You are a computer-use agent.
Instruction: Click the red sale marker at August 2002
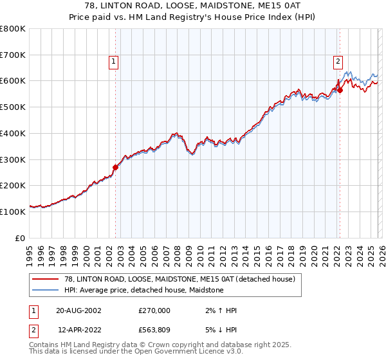(x=116, y=167)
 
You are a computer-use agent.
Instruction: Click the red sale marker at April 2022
(x=340, y=91)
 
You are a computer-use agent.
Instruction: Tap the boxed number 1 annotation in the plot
(x=113, y=62)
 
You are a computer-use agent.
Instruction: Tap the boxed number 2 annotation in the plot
(x=337, y=62)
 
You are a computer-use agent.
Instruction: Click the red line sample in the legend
(x=46, y=279)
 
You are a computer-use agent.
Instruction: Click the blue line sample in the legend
(x=46, y=290)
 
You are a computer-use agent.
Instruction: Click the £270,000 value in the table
(x=154, y=310)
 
